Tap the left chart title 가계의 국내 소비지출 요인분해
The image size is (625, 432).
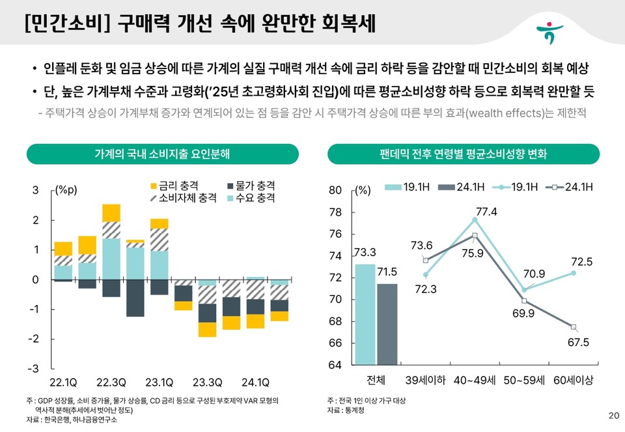162,154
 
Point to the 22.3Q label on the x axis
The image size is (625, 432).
111,382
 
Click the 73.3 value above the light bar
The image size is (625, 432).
365,252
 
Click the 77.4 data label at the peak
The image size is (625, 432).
486,212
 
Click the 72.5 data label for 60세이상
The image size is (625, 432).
581,261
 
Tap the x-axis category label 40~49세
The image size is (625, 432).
474,380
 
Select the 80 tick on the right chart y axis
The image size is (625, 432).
335,190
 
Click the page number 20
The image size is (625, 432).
613,416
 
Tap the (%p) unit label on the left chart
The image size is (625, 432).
65,190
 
